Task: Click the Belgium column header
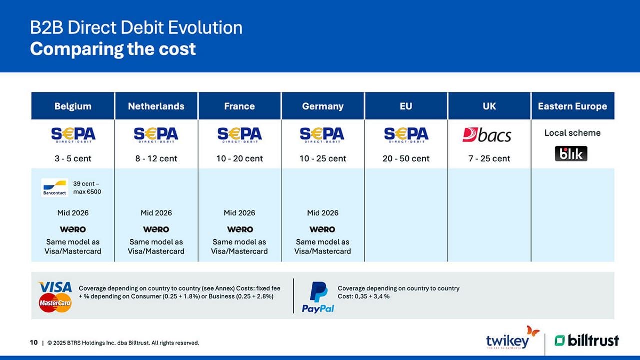tap(73, 106)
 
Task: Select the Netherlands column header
tap(156, 106)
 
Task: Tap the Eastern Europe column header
tap(572, 106)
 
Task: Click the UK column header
tap(489, 106)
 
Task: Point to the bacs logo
tap(487, 135)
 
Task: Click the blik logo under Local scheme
tap(571, 154)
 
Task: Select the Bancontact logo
tap(55, 187)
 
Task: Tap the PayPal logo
tap(318, 297)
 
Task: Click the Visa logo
tap(55, 287)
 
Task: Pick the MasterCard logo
tap(55, 303)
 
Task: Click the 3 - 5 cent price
tap(73, 159)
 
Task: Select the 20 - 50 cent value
tap(406, 159)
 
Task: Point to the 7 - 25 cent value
tap(489, 159)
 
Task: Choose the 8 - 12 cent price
tap(156, 159)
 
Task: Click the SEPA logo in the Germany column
tap(322, 135)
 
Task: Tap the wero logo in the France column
tap(240, 229)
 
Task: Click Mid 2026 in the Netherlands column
tap(156, 213)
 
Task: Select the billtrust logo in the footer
tap(586, 341)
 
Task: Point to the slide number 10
tap(34, 343)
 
